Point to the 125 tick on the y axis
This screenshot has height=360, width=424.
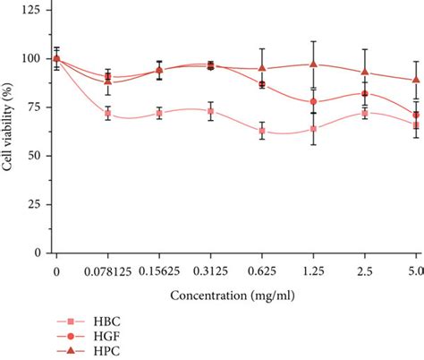click(33, 11)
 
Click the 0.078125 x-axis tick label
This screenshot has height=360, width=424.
click(107, 270)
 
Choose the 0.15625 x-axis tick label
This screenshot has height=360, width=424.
click(159, 270)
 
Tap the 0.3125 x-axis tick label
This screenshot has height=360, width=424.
click(210, 270)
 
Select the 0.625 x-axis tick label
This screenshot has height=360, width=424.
click(262, 270)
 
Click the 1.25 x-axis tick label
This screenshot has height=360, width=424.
click(313, 270)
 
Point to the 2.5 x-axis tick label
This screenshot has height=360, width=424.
click(364, 270)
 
